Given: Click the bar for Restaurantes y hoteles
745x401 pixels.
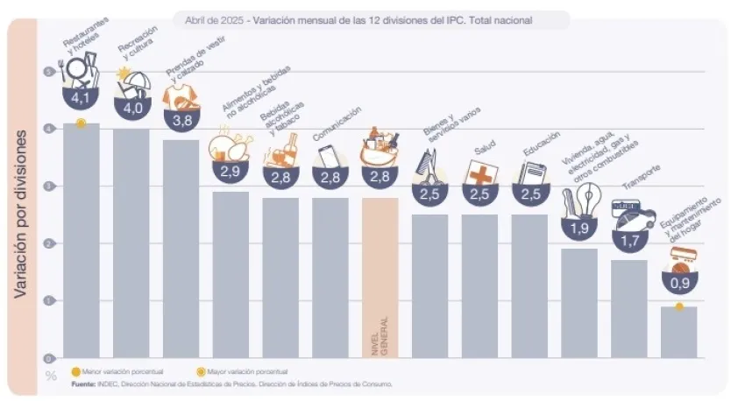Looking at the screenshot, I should (x=81, y=241).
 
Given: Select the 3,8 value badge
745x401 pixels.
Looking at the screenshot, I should (x=181, y=120).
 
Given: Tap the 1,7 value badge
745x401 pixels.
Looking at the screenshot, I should (x=628, y=238).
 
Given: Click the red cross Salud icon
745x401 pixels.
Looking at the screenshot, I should (x=480, y=172).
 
